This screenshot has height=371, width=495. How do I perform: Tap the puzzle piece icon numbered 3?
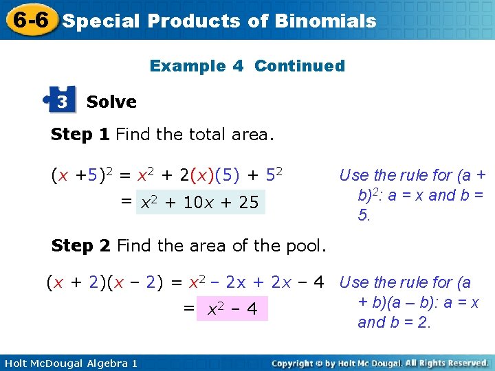(60, 101)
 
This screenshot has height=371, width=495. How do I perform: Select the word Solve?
(111, 102)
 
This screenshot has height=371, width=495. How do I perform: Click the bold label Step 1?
(80, 135)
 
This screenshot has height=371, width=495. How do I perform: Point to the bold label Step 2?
(80, 245)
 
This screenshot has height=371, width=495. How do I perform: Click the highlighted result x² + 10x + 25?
(200, 203)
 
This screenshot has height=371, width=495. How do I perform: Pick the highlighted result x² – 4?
(231, 310)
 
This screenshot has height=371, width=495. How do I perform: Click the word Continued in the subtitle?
(300, 66)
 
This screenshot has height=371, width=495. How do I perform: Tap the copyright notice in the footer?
(379, 363)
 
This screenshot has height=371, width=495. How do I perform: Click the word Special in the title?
(101, 21)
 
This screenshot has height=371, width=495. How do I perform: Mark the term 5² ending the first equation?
(275, 176)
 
